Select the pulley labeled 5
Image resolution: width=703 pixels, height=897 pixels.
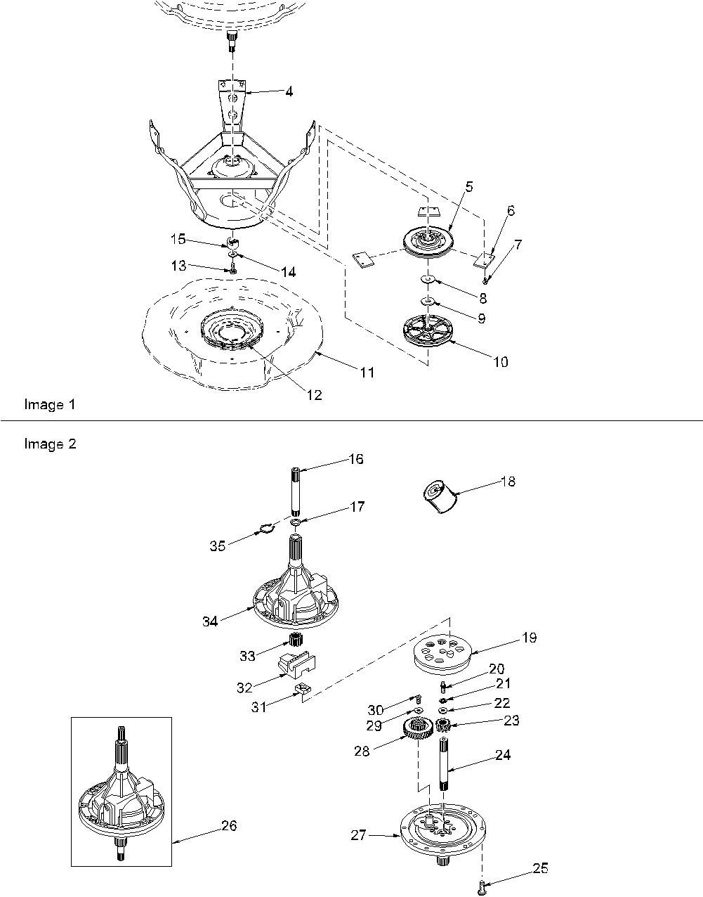click(x=428, y=240)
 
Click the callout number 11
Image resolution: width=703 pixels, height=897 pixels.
click(x=367, y=373)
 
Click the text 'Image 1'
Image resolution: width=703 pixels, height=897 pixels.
click(x=49, y=404)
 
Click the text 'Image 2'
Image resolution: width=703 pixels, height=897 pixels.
click(x=50, y=444)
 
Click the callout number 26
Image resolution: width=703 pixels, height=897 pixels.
click(x=229, y=825)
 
